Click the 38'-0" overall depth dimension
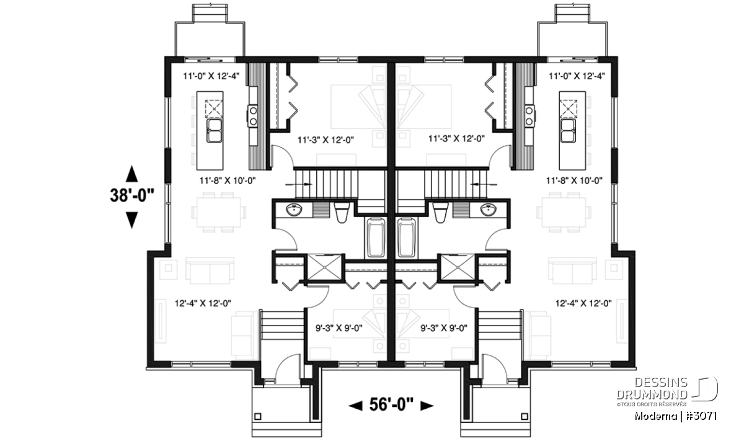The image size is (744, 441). [x=132, y=196]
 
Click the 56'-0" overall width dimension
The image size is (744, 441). [x=391, y=405]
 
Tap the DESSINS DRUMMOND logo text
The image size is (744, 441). [x=652, y=388]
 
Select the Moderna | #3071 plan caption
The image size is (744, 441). [x=675, y=416]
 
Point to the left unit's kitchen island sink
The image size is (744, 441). [x=215, y=131]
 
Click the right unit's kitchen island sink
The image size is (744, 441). [x=568, y=131]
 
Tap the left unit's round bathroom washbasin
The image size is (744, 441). [x=294, y=210]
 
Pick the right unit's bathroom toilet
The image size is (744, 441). [x=440, y=213]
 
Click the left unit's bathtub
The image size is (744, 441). [x=376, y=238]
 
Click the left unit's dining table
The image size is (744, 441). [x=218, y=212]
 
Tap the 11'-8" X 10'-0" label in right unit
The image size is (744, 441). [x=574, y=180]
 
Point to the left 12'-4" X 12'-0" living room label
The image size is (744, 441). [x=203, y=303]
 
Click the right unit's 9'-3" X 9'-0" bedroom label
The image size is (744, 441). [x=444, y=328]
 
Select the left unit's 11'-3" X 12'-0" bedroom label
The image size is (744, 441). [x=325, y=140]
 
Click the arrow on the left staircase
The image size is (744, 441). [x=299, y=184]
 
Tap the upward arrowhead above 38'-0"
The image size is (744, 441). [x=132, y=174]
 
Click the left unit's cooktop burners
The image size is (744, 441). [x=252, y=115]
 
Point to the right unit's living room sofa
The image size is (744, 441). [x=572, y=271]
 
